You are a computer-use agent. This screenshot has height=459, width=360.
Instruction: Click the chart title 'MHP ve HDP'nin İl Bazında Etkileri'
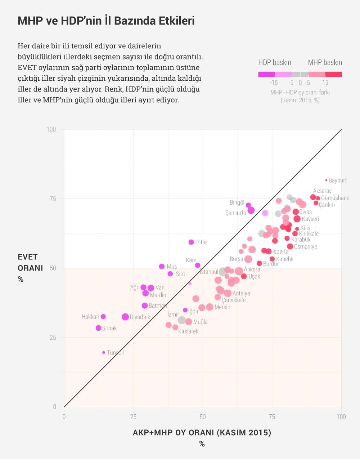click(x=106, y=21)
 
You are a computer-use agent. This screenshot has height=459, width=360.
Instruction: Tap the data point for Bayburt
click(x=327, y=180)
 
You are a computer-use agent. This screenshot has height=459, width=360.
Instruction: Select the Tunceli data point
click(x=104, y=352)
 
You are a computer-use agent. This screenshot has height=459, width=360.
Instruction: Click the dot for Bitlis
click(x=191, y=242)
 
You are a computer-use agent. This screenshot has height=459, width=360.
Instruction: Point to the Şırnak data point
click(x=98, y=328)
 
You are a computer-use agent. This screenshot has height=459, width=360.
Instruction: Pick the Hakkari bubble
click(x=103, y=317)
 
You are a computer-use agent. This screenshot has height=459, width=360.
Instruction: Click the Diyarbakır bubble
click(x=125, y=317)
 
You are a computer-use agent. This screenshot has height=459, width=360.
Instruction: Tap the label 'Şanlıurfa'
click(x=235, y=213)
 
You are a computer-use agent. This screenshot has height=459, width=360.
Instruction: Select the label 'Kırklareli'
click(x=188, y=331)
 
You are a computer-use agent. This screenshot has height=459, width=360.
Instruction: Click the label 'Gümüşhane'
click(x=335, y=198)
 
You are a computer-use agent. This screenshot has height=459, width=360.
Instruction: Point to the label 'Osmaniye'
click(x=305, y=247)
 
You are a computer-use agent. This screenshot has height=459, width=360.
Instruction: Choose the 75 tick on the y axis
click(x=53, y=199)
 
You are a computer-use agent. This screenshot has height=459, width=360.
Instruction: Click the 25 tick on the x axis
click(x=133, y=417)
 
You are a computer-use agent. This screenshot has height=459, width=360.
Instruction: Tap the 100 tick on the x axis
click(x=341, y=417)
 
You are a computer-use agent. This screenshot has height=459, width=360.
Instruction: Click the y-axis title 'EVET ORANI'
click(x=30, y=262)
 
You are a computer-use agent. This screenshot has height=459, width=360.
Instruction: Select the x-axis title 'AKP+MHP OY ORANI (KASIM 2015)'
click(x=202, y=432)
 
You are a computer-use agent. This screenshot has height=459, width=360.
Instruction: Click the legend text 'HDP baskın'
click(x=275, y=62)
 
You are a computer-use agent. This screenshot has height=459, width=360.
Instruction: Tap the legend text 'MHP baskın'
click(x=325, y=62)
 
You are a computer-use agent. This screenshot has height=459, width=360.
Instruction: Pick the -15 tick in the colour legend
click(x=274, y=83)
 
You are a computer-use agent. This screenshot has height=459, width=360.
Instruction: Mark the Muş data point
click(x=162, y=267)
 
